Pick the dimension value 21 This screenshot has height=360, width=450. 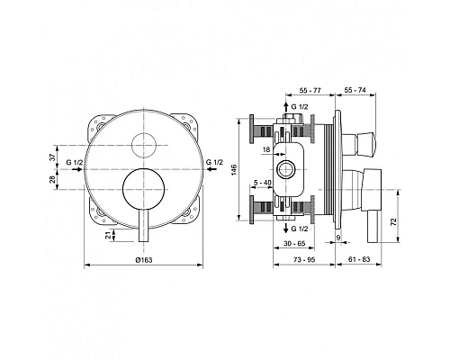[x=110, y=235]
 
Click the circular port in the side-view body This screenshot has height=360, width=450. [x=288, y=169]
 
